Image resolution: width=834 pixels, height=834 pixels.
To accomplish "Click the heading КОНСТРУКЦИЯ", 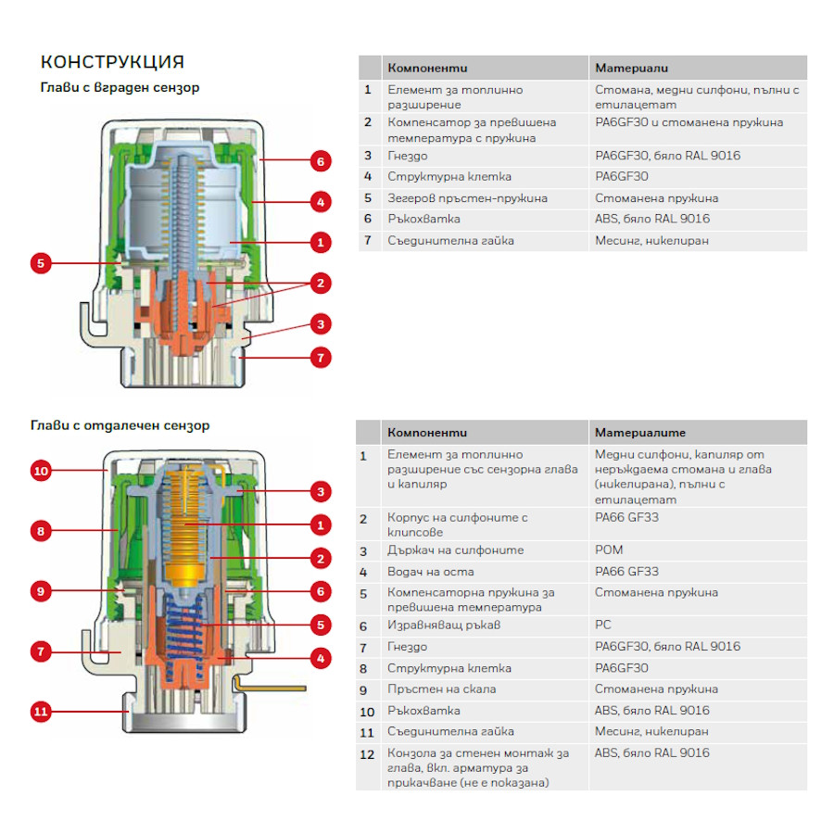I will point(112,62).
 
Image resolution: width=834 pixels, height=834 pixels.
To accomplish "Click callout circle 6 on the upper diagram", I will point(319,161).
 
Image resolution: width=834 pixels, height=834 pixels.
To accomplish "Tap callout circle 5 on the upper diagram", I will point(40,263).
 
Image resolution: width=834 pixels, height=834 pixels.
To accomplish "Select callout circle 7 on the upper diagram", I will point(320,356).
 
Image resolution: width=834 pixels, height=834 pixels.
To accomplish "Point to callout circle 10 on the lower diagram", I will point(40,471).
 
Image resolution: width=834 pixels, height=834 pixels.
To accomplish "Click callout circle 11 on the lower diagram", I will point(40,712).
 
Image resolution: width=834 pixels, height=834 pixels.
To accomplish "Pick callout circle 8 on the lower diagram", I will point(40,531).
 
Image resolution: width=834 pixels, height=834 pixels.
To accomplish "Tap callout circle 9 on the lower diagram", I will point(40,589).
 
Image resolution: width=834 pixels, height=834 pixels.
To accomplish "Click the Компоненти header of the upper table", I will point(427,68).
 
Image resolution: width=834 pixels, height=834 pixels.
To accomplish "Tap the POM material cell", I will point(609,550).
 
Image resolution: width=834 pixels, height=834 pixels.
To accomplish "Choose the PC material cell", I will point(603,625).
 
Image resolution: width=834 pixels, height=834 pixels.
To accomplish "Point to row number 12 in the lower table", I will point(368,753).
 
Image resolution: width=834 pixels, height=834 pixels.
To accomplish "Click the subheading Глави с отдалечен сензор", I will point(120,425).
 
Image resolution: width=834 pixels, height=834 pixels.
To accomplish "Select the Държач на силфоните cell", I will point(455,550).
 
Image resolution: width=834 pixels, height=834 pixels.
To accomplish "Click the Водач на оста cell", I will point(431,572).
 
